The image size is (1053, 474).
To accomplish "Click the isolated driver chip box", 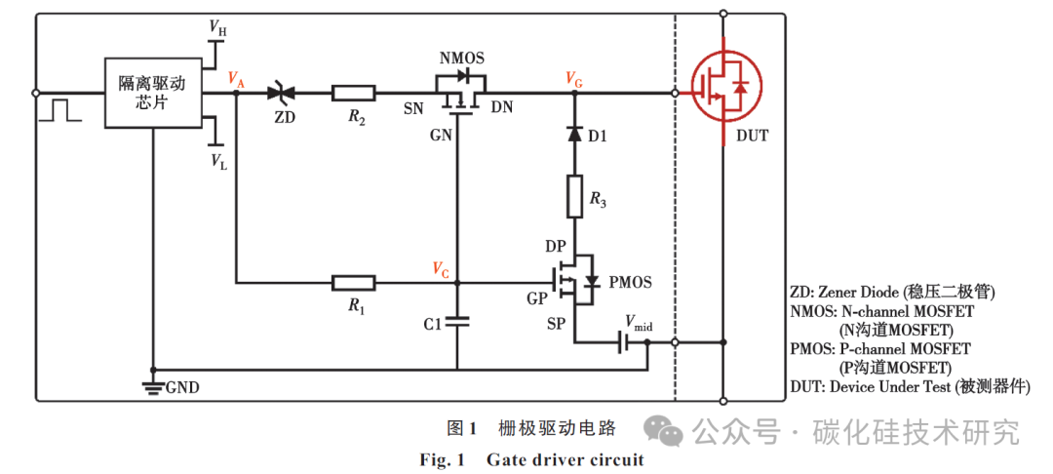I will [153, 93].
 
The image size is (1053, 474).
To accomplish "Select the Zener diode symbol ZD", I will [283, 94].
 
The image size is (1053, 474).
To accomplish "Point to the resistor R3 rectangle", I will [575, 199].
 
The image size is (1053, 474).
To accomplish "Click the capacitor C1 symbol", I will [456, 322].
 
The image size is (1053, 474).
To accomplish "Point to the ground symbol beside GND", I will [152, 386].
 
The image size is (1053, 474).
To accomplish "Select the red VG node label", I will [574, 78].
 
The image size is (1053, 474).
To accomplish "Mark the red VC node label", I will [441, 268].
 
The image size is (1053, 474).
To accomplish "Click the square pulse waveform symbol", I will [60, 109].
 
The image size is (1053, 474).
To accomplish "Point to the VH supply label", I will [217, 29].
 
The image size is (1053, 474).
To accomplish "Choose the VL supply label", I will [217, 162].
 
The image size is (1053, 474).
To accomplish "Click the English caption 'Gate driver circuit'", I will [565, 459].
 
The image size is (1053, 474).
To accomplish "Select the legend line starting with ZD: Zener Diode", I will [891, 292].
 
